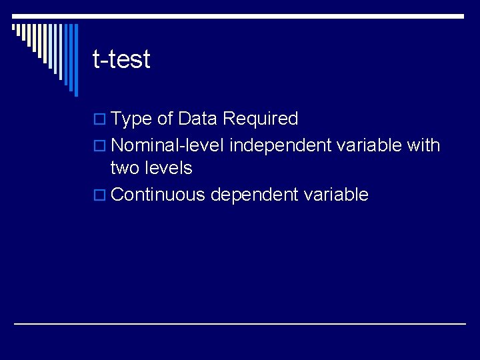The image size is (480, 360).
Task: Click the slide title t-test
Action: point(121,59)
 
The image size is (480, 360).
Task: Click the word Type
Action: point(131,119)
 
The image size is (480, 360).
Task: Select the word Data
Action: point(198,119)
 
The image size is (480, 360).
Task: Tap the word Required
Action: point(260,119)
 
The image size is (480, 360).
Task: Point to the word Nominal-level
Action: point(167,145)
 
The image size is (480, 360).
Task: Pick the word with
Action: point(423,145)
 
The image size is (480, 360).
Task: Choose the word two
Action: point(125,168)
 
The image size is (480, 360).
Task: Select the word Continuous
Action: point(158,195)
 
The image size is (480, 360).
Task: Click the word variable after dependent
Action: point(336,195)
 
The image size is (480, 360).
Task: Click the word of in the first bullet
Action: point(165,119)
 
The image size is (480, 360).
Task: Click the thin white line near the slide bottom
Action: point(240,323)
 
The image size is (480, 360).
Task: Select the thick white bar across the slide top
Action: point(240,16)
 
